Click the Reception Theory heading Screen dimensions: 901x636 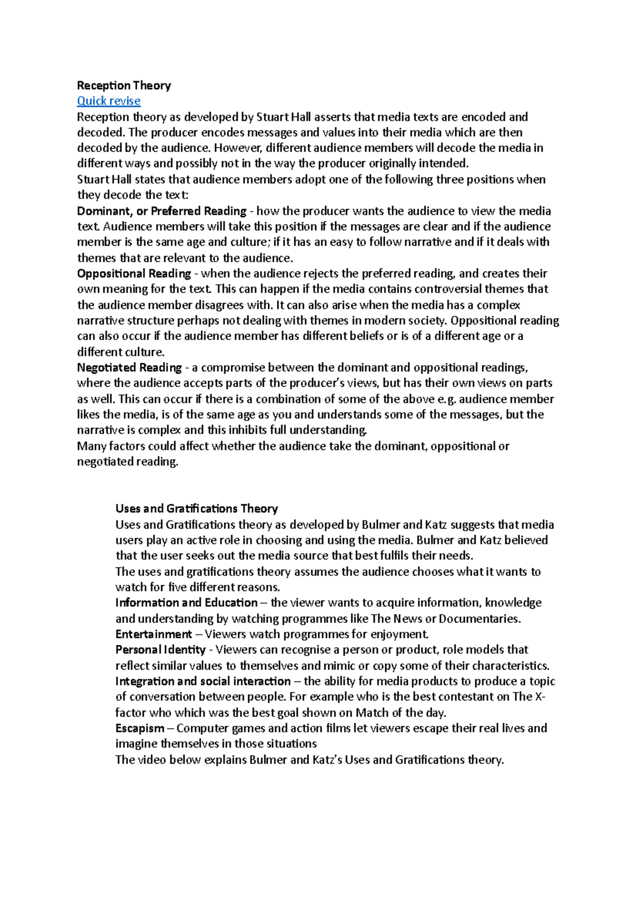pos(124,85)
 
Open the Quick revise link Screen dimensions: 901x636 pos(109,101)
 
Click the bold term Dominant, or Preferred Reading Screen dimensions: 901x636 pos(162,211)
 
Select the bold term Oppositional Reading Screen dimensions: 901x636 pos(134,274)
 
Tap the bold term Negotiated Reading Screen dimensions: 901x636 pos(129,368)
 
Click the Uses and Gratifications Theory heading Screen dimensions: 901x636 pos(197,509)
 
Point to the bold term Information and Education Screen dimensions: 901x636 pos(187,603)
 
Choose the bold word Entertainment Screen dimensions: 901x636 pos(154,634)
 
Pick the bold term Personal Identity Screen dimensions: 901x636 pos(161,650)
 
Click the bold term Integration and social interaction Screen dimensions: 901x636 pos(203,681)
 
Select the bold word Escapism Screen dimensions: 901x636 pos(140,729)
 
